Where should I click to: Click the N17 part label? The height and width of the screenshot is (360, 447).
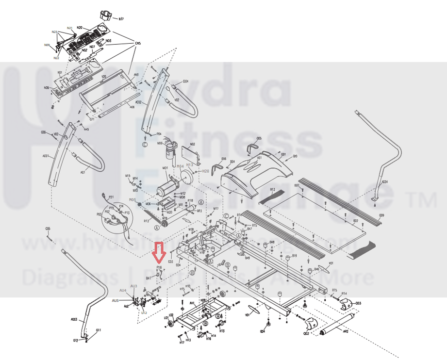(x=121, y=19)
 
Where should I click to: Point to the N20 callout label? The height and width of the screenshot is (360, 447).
(x=80, y=28)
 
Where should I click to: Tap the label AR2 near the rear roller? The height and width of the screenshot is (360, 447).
(x=346, y=332)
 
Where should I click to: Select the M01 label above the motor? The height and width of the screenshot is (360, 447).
(x=165, y=168)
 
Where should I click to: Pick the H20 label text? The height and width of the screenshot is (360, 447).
(x=206, y=171)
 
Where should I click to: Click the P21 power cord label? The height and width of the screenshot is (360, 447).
(x=111, y=197)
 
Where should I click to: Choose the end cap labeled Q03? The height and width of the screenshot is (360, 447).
(x=348, y=304)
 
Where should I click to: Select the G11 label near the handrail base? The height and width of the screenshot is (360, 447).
(x=99, y=330)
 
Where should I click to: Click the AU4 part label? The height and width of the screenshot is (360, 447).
(x=123, y=290)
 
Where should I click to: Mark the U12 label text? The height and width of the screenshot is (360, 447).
(x=144, y=312)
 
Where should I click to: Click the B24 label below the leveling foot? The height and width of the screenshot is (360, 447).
(x=263, y=332)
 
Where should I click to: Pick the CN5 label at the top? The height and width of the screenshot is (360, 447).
(x=138, y=44)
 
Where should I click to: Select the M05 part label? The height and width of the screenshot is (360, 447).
(x=132, y=200)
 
